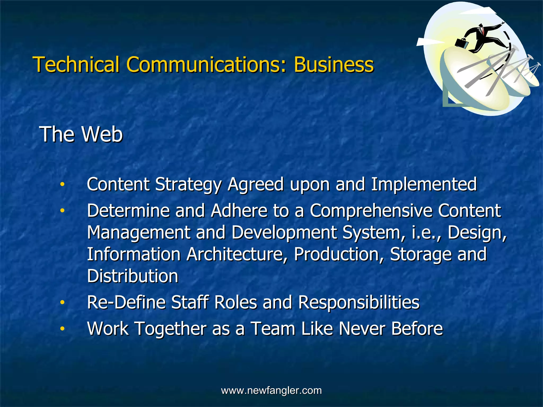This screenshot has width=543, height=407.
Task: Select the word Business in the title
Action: (x=334, y=64)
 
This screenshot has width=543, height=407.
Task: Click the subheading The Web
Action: (x=81, y=134)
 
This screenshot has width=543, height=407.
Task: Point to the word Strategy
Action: (x=188, y=184)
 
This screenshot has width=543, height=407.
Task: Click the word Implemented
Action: (x=423, y=184)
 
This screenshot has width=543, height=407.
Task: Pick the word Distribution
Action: (x=133, y=276)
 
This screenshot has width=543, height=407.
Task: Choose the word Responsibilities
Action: (x=359, y=302)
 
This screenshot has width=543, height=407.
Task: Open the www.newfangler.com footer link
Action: (x=271, y=391)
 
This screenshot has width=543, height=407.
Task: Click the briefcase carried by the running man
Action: (x=462, y=43)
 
